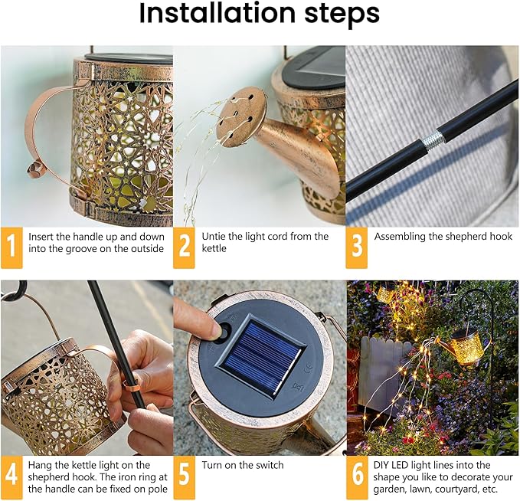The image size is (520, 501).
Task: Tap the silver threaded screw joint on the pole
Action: pyautogui.click(x=433, y=139)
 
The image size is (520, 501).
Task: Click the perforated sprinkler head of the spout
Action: pyautogui.click(x=240, y=116)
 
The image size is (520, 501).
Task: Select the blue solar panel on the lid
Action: pyautogui.click(x=260, y=356)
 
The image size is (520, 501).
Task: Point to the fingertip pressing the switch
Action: pyautogui.click(x=217, y=331)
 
